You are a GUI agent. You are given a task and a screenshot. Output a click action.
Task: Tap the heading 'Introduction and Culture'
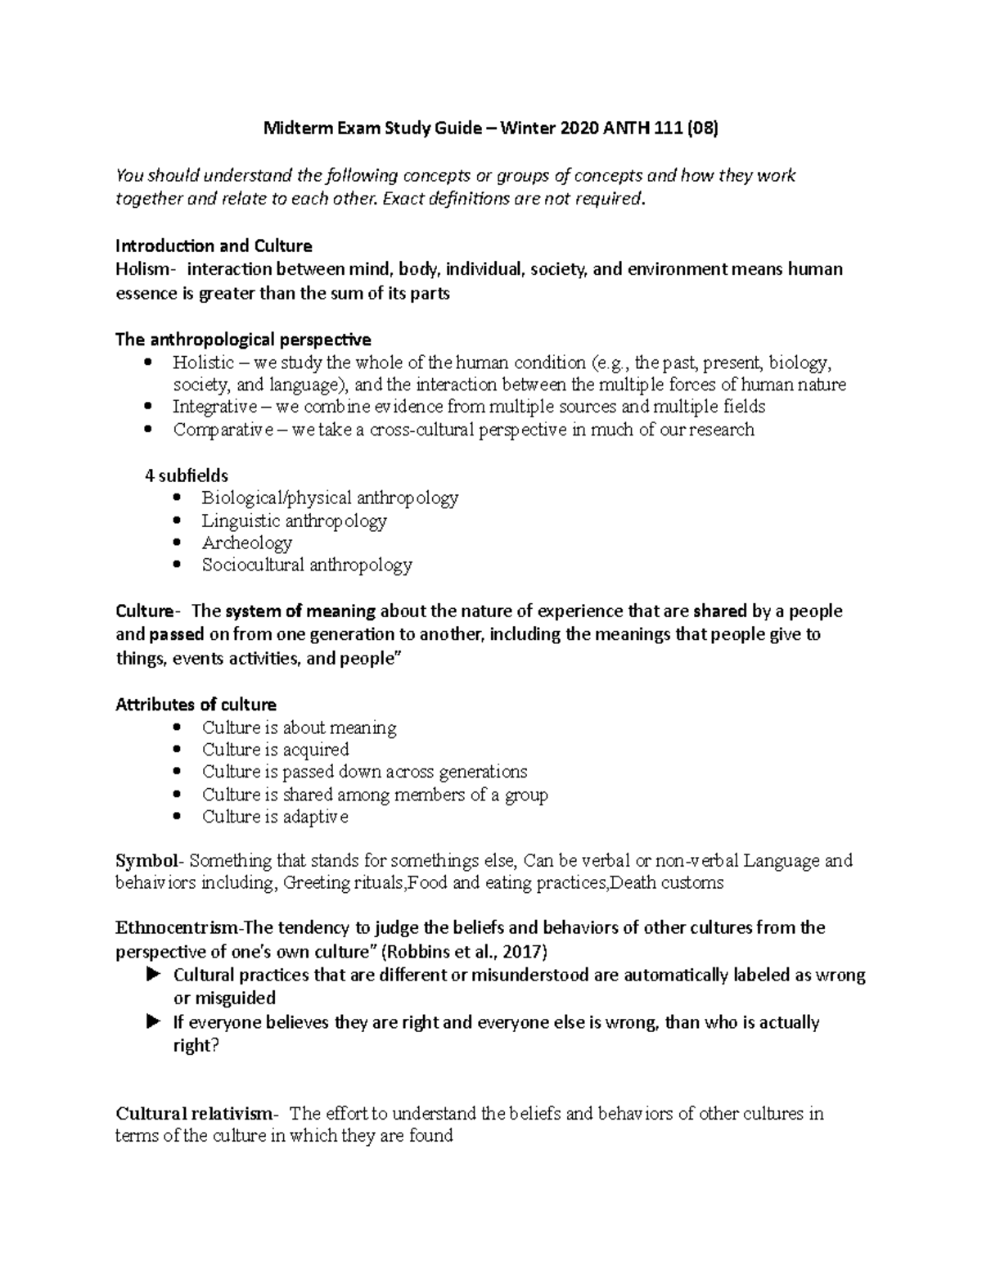(214, 246)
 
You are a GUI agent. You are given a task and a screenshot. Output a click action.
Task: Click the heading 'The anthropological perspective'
(243, 339)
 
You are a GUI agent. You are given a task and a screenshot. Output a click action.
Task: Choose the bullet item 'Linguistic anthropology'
(294, 521)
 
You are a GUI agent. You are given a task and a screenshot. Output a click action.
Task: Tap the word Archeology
(246, 543)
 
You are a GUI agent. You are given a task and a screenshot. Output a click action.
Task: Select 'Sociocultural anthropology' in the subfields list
(307, 565)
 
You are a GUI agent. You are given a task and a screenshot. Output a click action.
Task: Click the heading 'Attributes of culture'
(196, 705)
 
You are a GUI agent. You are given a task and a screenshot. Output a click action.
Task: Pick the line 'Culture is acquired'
(275, 750)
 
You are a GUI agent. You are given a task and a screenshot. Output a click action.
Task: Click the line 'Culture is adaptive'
(275, 817)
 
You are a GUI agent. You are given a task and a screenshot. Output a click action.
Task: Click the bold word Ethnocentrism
(175, 928)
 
